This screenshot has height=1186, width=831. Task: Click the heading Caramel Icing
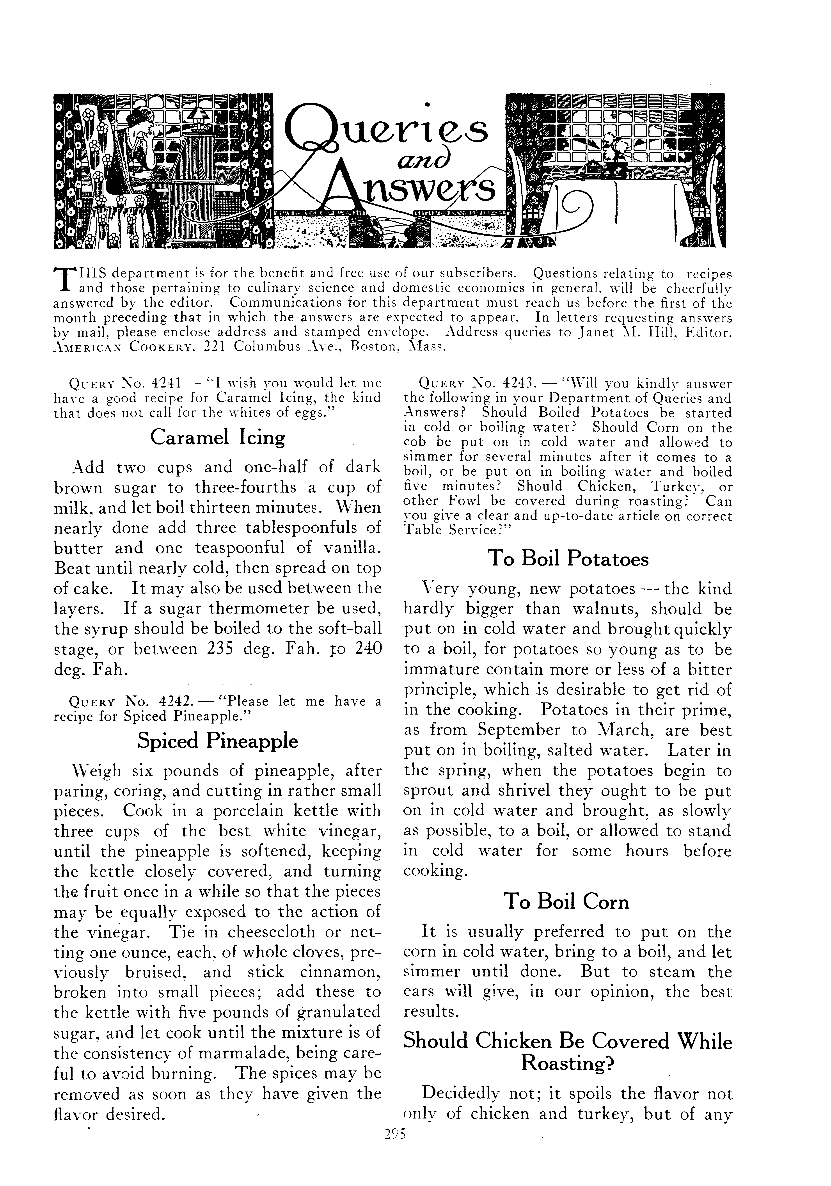(x=217, y=437)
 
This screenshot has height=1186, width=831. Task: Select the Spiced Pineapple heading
(x=217, y=741)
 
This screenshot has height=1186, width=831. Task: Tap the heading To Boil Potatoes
(x=568, y=558)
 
